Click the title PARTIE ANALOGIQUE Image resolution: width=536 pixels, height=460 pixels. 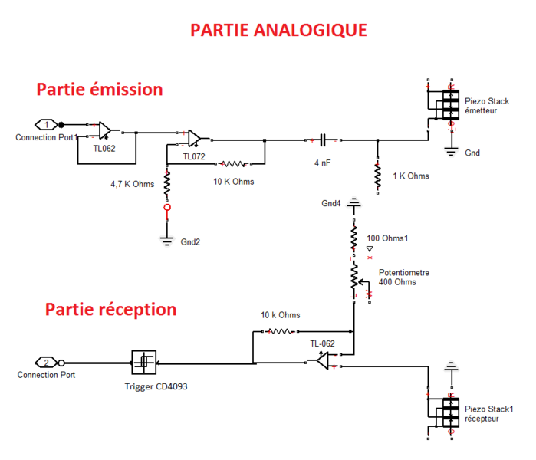pyautogui.click(x=278, y=30)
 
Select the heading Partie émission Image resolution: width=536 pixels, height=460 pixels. pyautogui.click(x=100, y=89)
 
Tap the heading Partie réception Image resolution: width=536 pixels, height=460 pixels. pyautogui.click(x=110, y=310)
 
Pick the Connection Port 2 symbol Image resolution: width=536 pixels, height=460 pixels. pyautogui.click(x=45, y=362)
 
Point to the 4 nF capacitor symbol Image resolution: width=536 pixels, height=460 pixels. pyautogui.click(x=323, y=140)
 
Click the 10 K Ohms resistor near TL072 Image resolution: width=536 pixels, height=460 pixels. pyautogui.click(x=232, y=163)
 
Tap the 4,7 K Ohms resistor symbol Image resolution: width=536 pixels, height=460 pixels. pyautogui.click(x=166, y=183)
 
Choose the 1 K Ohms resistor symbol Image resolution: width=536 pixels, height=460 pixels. pyautogui.click(x=377, y=176)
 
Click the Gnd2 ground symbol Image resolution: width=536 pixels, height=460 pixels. pyautogui.click(x=166, y=240)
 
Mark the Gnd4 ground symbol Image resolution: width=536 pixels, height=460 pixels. pyautogui.click(x=353, y=205)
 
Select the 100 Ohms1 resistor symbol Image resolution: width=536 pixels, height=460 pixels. pyautogui.click(x=353, y=238)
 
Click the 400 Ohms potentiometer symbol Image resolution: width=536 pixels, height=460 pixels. pyautogui.click(x=354, y=277)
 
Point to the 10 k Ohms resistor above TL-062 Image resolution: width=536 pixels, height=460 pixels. pyautogui.click(x=281, y=332)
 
